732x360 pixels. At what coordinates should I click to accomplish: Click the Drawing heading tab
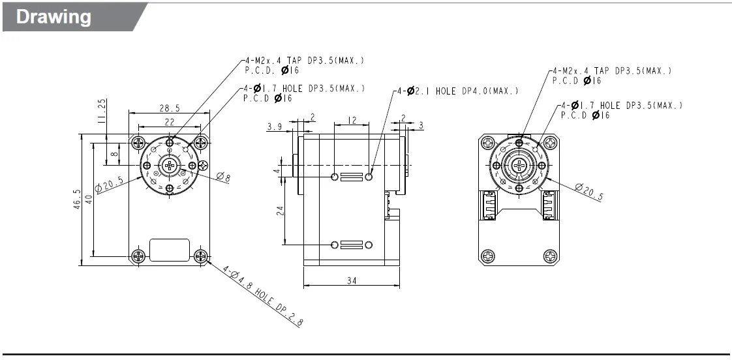click(x=53, y=17)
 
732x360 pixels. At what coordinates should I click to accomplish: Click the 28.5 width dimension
click(x=169, y=108)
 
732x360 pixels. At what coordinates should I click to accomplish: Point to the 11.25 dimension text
click(x=100, y=112)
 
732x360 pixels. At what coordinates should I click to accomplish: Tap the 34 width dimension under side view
click(x=351, y=281)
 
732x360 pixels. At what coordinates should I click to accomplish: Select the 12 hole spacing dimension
click(x=352, y=120)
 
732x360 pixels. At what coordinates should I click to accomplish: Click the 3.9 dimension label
click(x=275, y=127)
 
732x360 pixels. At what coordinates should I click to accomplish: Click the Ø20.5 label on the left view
click(x=110, y=185)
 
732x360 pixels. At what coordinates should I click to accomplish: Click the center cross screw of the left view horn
click(x=170, y=166)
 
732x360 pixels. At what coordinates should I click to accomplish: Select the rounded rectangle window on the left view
click(x=170, y=250)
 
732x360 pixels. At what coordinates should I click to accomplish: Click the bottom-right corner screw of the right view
click(x=551, y=255)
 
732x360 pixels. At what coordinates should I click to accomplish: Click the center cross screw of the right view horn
click(x=519, y=165)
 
